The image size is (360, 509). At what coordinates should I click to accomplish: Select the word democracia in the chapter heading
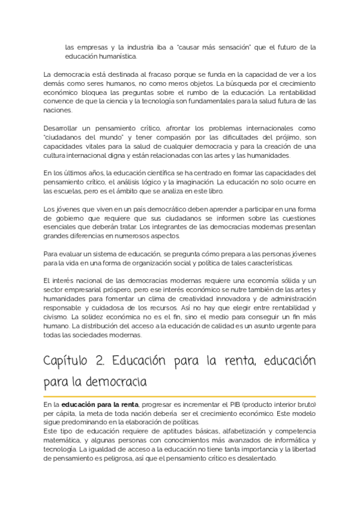122,382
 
